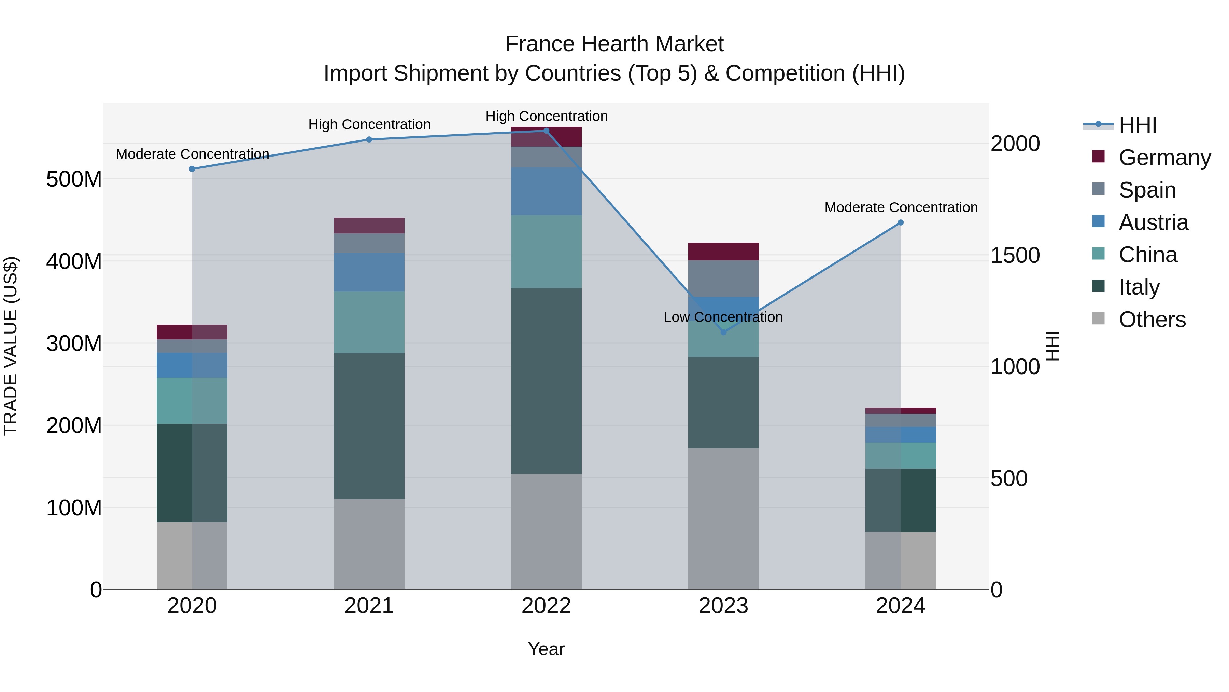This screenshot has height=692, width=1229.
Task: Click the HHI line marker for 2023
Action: pos(723,332)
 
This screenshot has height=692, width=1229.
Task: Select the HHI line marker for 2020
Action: pos(192,169)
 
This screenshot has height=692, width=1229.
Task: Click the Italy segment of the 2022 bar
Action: pos(546,381)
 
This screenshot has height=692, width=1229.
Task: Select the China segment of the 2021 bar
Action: pos(369,322)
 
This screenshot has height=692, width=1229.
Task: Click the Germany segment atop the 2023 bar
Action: pos(723,251)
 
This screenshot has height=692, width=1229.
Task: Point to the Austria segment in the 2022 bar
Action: pos(546,191)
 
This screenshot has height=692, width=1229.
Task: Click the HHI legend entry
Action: pos(1138,125)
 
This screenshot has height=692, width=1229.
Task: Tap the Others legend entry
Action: pos(1152,320)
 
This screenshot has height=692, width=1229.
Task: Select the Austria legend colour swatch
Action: pos(1098,221)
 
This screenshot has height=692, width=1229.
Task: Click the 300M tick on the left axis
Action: pos(74,343)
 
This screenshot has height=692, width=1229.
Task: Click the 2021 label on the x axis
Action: pos(369,606)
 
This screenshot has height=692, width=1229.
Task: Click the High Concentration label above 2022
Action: pos(546,116)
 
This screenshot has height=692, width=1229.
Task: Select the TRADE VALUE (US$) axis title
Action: pos(11,346)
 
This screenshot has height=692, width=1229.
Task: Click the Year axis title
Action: pos(546,649)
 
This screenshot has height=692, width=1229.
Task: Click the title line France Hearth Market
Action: pos(614,44)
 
